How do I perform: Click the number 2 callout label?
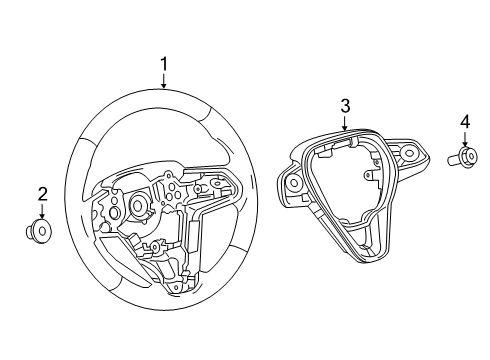coord(42,193)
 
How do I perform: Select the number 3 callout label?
coord(344,105)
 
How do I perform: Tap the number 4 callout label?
coord(464,123)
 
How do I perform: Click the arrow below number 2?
coord(42,211)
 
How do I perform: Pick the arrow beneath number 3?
coord(344,124)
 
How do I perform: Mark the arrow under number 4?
coord(464,140)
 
